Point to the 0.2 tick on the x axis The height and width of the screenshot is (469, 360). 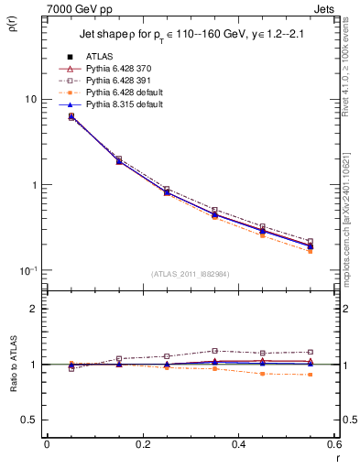click(142, 445)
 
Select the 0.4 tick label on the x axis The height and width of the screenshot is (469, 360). click(237, 445)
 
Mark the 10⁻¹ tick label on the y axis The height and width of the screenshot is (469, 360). click(30, 271)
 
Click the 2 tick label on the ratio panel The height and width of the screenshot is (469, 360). click(35, 309)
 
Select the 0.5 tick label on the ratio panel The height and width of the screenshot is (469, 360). click(31, 420)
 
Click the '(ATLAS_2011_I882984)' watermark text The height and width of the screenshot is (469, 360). click(190, 273)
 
